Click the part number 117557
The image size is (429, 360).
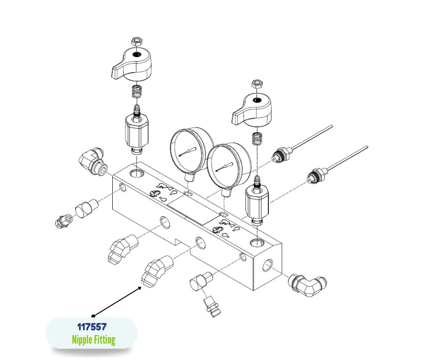tap(92, 327)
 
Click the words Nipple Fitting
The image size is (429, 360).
tap(94, 340)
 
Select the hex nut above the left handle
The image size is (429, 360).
tap(136, 42)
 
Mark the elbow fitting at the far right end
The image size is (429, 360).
tap(308, 286)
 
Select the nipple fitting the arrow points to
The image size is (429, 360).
tap(157, 271)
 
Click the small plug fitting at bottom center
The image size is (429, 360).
tap(212, 306)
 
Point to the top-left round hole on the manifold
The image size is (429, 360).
tap(137, 173)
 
